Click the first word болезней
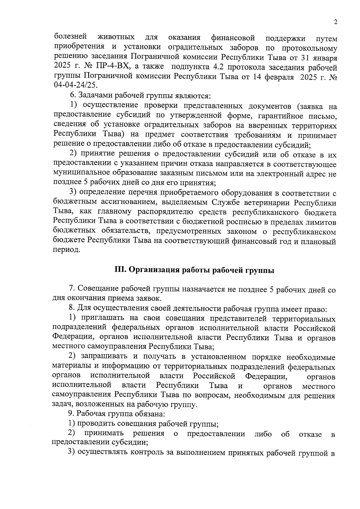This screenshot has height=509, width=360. point(70,37)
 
